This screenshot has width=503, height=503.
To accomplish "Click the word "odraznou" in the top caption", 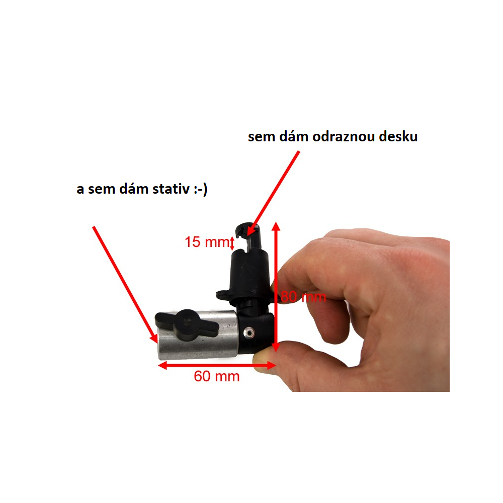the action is (x=344, y=137).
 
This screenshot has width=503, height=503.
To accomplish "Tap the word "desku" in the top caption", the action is (x=398, y=137).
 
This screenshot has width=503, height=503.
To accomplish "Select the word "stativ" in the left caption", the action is (x=171, y=189).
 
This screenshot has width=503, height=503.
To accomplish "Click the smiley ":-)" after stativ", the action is (x=201, y=190).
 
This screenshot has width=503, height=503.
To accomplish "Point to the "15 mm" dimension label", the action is (x=207, y=242).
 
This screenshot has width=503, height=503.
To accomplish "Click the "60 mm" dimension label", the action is (x=216, y=376).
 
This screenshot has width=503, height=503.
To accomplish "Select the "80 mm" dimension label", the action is (x=303, y=297).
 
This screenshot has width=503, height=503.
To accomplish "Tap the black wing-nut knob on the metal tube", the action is (x=187, y=324).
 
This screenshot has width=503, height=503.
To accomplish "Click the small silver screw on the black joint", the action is (x=248, y=332).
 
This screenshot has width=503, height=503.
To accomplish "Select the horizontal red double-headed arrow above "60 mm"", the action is (x=217, y=365).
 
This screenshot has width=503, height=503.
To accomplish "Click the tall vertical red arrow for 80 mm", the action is (x=276, y=287).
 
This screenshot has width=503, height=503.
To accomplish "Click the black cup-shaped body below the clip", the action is (x=249, y=276).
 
